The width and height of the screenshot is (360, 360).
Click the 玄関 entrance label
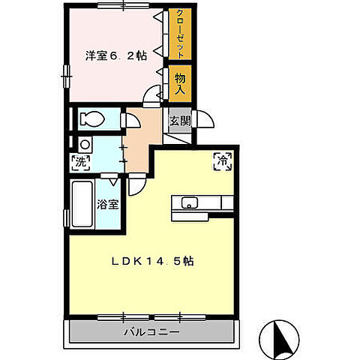tap(180, 121)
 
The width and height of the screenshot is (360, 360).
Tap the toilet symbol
tap(94, 118)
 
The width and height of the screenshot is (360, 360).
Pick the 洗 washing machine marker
tap(79, 161)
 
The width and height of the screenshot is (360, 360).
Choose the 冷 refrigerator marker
tap(222, 159)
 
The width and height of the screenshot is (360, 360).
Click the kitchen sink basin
tap(190, 201)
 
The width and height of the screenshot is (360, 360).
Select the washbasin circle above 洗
tap(85, 144)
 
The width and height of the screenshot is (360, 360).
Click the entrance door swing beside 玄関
tap(204, 120)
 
